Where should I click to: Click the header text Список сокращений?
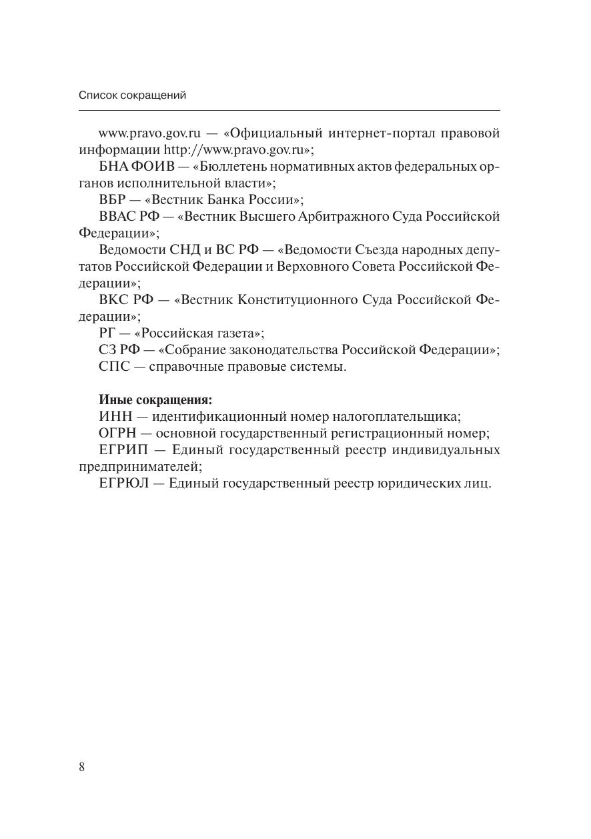click(x=132, y=95)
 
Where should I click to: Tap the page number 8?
click(x=82, y=766)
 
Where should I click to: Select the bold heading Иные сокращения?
click(x=155, y=400)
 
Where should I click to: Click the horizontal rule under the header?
click(x=289, y=110)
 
